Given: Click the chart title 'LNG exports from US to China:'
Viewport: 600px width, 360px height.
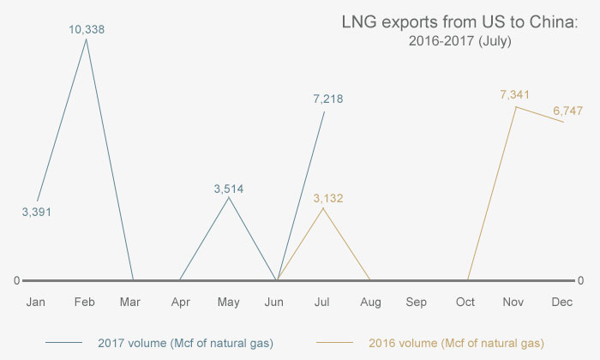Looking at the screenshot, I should coord(459,23).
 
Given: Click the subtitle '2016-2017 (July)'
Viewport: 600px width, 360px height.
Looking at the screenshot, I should coord(460,41).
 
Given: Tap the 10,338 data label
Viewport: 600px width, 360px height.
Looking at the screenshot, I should coord(87,29).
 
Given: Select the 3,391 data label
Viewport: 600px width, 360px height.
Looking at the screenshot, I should coord(37,212).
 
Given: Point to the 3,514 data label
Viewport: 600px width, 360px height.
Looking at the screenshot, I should coord(229,188).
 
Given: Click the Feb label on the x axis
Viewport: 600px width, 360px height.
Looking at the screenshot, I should coord(84,303).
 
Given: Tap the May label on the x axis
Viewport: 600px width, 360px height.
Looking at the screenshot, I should coord(228,303).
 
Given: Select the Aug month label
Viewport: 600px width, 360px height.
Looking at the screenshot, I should coord(370,303).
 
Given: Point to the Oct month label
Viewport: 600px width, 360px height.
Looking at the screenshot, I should coord(466,303).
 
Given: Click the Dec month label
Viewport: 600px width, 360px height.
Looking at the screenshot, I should coord(562,303).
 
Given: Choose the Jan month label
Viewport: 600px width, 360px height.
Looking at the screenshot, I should coord(36,303).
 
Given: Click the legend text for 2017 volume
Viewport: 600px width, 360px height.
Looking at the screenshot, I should coord(180,343).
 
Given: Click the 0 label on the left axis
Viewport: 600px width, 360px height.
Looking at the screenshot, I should coord(16,280).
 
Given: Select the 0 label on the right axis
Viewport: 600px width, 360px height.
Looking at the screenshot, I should coord(582,280).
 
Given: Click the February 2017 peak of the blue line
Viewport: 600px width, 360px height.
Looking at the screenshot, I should coord(85,39).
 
